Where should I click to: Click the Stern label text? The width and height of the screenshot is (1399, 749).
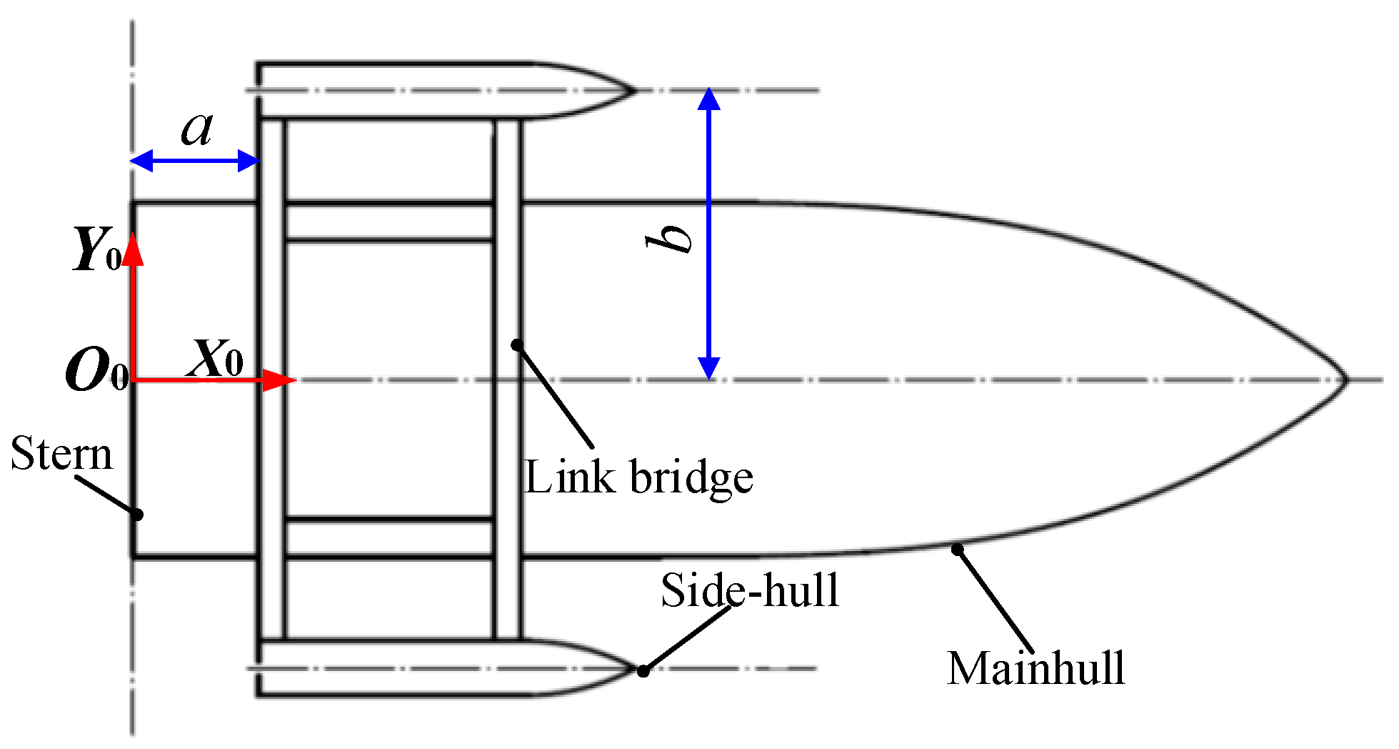(x=62, y=454)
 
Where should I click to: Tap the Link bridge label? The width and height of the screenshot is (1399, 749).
(x=638, y=477)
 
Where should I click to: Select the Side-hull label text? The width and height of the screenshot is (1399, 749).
(x=749, y=590)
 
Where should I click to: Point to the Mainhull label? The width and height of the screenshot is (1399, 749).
(x=1036, y=669)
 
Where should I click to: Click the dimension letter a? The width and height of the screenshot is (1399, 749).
(x=196, y=129)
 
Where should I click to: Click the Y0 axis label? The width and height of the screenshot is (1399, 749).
(x=96, y=250)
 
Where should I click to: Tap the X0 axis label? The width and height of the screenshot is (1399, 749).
(x=214, y=357)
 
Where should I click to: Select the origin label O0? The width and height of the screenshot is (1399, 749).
(x=96, y=372)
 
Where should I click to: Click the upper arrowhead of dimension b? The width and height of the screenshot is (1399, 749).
(x=708, y=98)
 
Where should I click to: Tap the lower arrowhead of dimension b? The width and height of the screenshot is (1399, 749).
(x=708, y=368)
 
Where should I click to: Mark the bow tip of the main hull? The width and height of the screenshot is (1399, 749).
(x=1347, y=380)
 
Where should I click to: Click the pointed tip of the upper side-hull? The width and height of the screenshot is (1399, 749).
(x=634, y=91)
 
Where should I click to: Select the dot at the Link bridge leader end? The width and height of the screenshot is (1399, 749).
(x=517, y=345)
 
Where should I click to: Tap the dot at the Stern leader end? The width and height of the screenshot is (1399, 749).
(x=138, y=514)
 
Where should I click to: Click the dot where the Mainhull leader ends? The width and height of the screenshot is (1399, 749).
(x=958, y=549)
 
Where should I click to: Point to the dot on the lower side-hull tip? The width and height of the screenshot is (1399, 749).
(x=643, y=670)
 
